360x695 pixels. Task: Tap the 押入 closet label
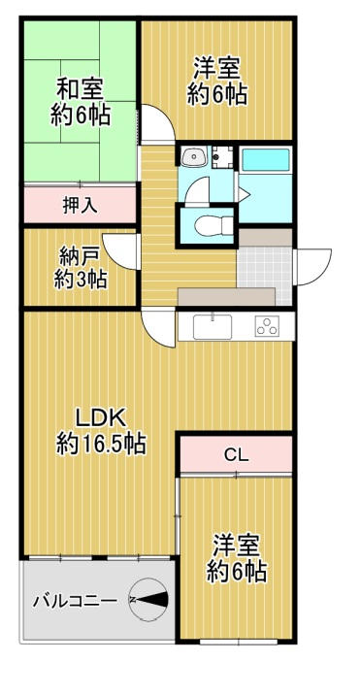[80, 205]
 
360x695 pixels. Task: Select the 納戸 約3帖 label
[81, 268]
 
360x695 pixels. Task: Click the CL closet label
[236, 454]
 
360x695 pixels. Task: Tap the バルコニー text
[74, 600]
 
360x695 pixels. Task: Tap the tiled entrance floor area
[264, 265]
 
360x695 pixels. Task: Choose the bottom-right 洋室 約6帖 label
[236, 557]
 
